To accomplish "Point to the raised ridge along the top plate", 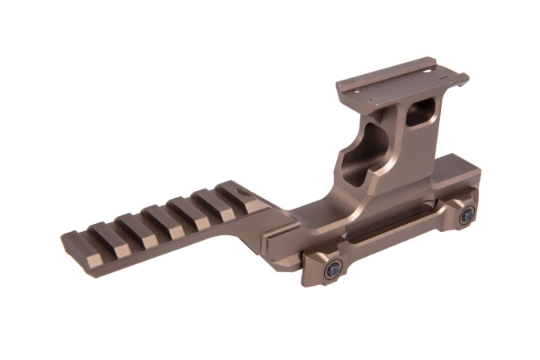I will (x=403, y=68).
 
